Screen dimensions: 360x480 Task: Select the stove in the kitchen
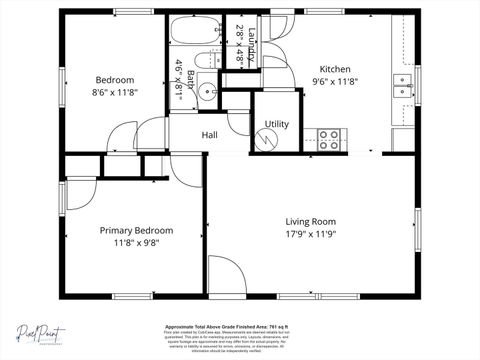329,138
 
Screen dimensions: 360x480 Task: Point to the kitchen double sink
403,85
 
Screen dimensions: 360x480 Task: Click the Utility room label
277,124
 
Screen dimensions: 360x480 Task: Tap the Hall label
210,135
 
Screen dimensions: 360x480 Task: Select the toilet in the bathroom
202,62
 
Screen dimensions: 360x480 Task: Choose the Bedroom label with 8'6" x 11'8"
114,86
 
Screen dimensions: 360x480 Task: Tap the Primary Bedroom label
136,229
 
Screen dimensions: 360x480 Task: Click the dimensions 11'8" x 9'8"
136,242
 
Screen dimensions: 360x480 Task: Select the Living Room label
310,221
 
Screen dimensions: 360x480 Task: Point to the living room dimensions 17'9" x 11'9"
310,235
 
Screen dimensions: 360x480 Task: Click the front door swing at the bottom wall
225,278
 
